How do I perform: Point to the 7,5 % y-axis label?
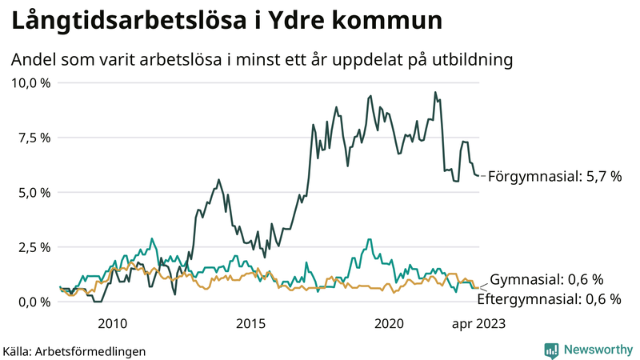coord(32,138)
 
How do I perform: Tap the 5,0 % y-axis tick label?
coord(32,192)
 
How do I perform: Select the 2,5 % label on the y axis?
coord(32,247)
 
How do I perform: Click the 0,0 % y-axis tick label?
coord(32,302)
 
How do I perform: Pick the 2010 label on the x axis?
coord(112,323)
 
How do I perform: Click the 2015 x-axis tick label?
coord(250,323)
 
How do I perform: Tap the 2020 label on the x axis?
coord(389,323)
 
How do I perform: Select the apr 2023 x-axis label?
coord(479,323)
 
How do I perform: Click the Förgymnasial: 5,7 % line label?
coord(554,175)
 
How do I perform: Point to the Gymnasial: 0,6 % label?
coord(546,279)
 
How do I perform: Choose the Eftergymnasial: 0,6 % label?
coord(549,299)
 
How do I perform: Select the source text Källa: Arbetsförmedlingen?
coord(74,350)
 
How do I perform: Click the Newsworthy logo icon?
coord(551,350)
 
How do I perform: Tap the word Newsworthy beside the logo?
coord(596,350)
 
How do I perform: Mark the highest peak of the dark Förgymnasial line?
coord(435,92)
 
